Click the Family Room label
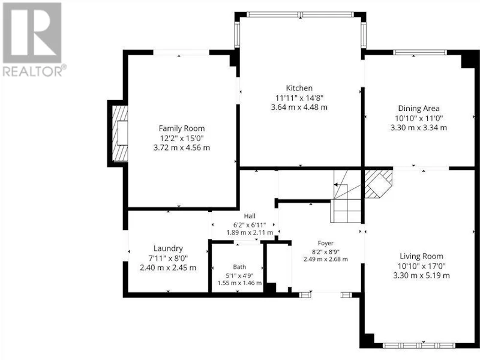point(182,128)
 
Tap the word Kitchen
point(299,88)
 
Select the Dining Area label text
point(418,109)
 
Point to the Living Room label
point(421,256)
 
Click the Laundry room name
point(168,248)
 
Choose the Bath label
point(239,267)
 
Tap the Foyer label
point(325,244)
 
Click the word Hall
point(250,216)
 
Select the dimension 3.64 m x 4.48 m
point(299,107)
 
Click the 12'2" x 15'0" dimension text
point(182,138)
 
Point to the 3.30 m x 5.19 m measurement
point(421,275)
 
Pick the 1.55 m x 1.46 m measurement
point(239,283)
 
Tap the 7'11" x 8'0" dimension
point(168,258)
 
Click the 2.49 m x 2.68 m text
point(325,259)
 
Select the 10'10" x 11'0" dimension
point(418,118)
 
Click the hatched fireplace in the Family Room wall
point(119,133)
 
